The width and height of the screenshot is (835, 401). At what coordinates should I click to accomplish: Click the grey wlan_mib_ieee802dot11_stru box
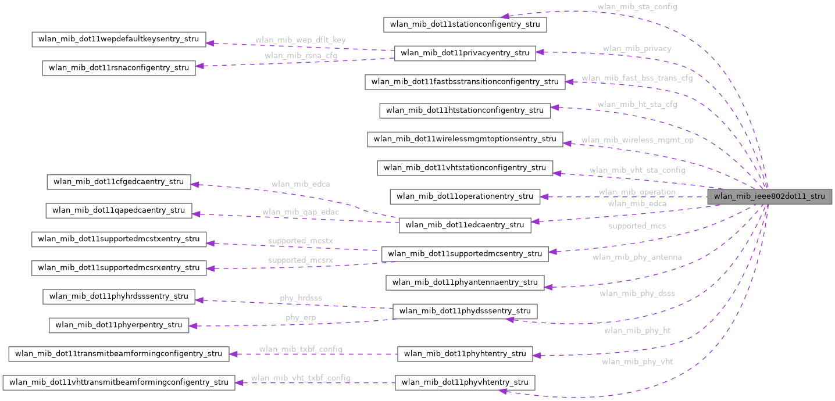[769, 196]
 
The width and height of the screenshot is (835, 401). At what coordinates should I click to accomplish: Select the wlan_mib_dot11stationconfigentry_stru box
[465, 24]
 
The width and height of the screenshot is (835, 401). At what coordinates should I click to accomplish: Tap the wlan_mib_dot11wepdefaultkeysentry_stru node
[118, 40]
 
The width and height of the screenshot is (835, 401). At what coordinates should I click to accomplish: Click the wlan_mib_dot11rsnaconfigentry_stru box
[119, 68]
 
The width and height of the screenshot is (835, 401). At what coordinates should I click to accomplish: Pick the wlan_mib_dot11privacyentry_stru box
[465, 53]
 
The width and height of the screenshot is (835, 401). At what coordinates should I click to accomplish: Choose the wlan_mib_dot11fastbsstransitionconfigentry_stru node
[465, 82]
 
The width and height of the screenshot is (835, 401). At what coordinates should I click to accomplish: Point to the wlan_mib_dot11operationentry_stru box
[465, 196]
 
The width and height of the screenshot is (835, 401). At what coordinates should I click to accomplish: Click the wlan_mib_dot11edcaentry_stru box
[465, 225]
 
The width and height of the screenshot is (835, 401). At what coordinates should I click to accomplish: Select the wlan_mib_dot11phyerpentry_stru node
[119, 325]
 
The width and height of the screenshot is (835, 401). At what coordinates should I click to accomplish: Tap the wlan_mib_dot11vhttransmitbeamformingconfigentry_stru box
[119, 382]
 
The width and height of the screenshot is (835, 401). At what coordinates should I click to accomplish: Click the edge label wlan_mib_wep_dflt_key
[300, 40]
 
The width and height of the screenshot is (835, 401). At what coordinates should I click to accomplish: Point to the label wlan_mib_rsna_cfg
[300, 56]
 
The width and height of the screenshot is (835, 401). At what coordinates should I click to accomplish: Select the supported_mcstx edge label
[300, 240]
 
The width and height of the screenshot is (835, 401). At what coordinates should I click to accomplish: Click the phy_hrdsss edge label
[300, 298]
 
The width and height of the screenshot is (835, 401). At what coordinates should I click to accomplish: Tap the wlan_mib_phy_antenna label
[637, 257]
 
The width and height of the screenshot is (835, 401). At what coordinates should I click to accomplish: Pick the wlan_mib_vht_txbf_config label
[300, 378]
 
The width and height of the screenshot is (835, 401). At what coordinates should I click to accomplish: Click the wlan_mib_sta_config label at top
[637, 7]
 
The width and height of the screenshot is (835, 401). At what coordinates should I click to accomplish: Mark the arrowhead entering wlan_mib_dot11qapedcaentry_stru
[196, 214]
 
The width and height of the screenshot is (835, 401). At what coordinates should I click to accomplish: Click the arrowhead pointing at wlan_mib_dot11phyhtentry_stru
[537, 355]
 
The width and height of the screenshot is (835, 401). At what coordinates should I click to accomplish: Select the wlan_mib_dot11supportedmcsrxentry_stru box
[119, 268]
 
